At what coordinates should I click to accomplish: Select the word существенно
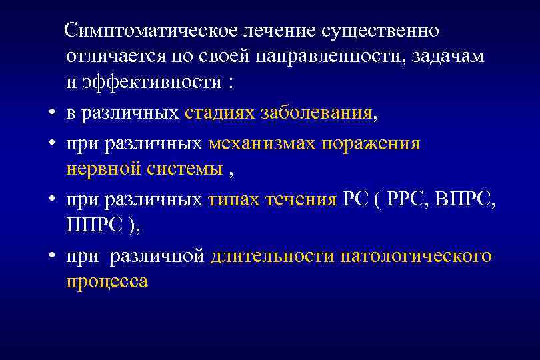click(x=380, y=31)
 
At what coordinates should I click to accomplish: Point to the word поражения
click(x=372, y=144)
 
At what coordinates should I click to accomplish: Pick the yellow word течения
click(x=305, y=200)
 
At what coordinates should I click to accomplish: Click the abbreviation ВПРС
click(x=463, y=200)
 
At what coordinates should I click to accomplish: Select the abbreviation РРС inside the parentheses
click(x=411, y=200)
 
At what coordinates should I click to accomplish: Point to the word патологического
click(x=416, y=257)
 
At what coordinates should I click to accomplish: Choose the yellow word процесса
click(x=107, y=282)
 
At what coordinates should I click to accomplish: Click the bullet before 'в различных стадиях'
click(x=51, y=114)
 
